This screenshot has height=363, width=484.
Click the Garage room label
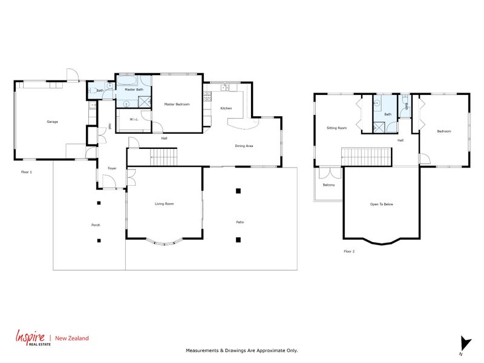pos(52,122)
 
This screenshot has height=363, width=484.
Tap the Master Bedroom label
pos(177,105)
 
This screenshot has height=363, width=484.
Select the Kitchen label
pos(226,108)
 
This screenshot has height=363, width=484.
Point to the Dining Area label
pos(244,146)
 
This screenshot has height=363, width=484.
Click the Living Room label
pos(164,204)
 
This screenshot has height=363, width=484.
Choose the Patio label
pos(240,223)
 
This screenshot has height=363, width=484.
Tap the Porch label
pos(95,225)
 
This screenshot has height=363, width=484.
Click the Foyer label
pos(112,168)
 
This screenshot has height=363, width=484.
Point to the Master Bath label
pos(134,90)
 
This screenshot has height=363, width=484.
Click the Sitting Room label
pos(336,128)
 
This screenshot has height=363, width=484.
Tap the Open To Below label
pos(382,204)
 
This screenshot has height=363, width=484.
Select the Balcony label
pos(329,185)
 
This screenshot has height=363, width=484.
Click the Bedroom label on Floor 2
pos(443,131)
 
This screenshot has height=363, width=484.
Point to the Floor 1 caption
pos(26,172)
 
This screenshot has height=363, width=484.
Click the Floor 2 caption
pos(348,250)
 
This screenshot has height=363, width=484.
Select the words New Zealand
pos(71,338)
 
